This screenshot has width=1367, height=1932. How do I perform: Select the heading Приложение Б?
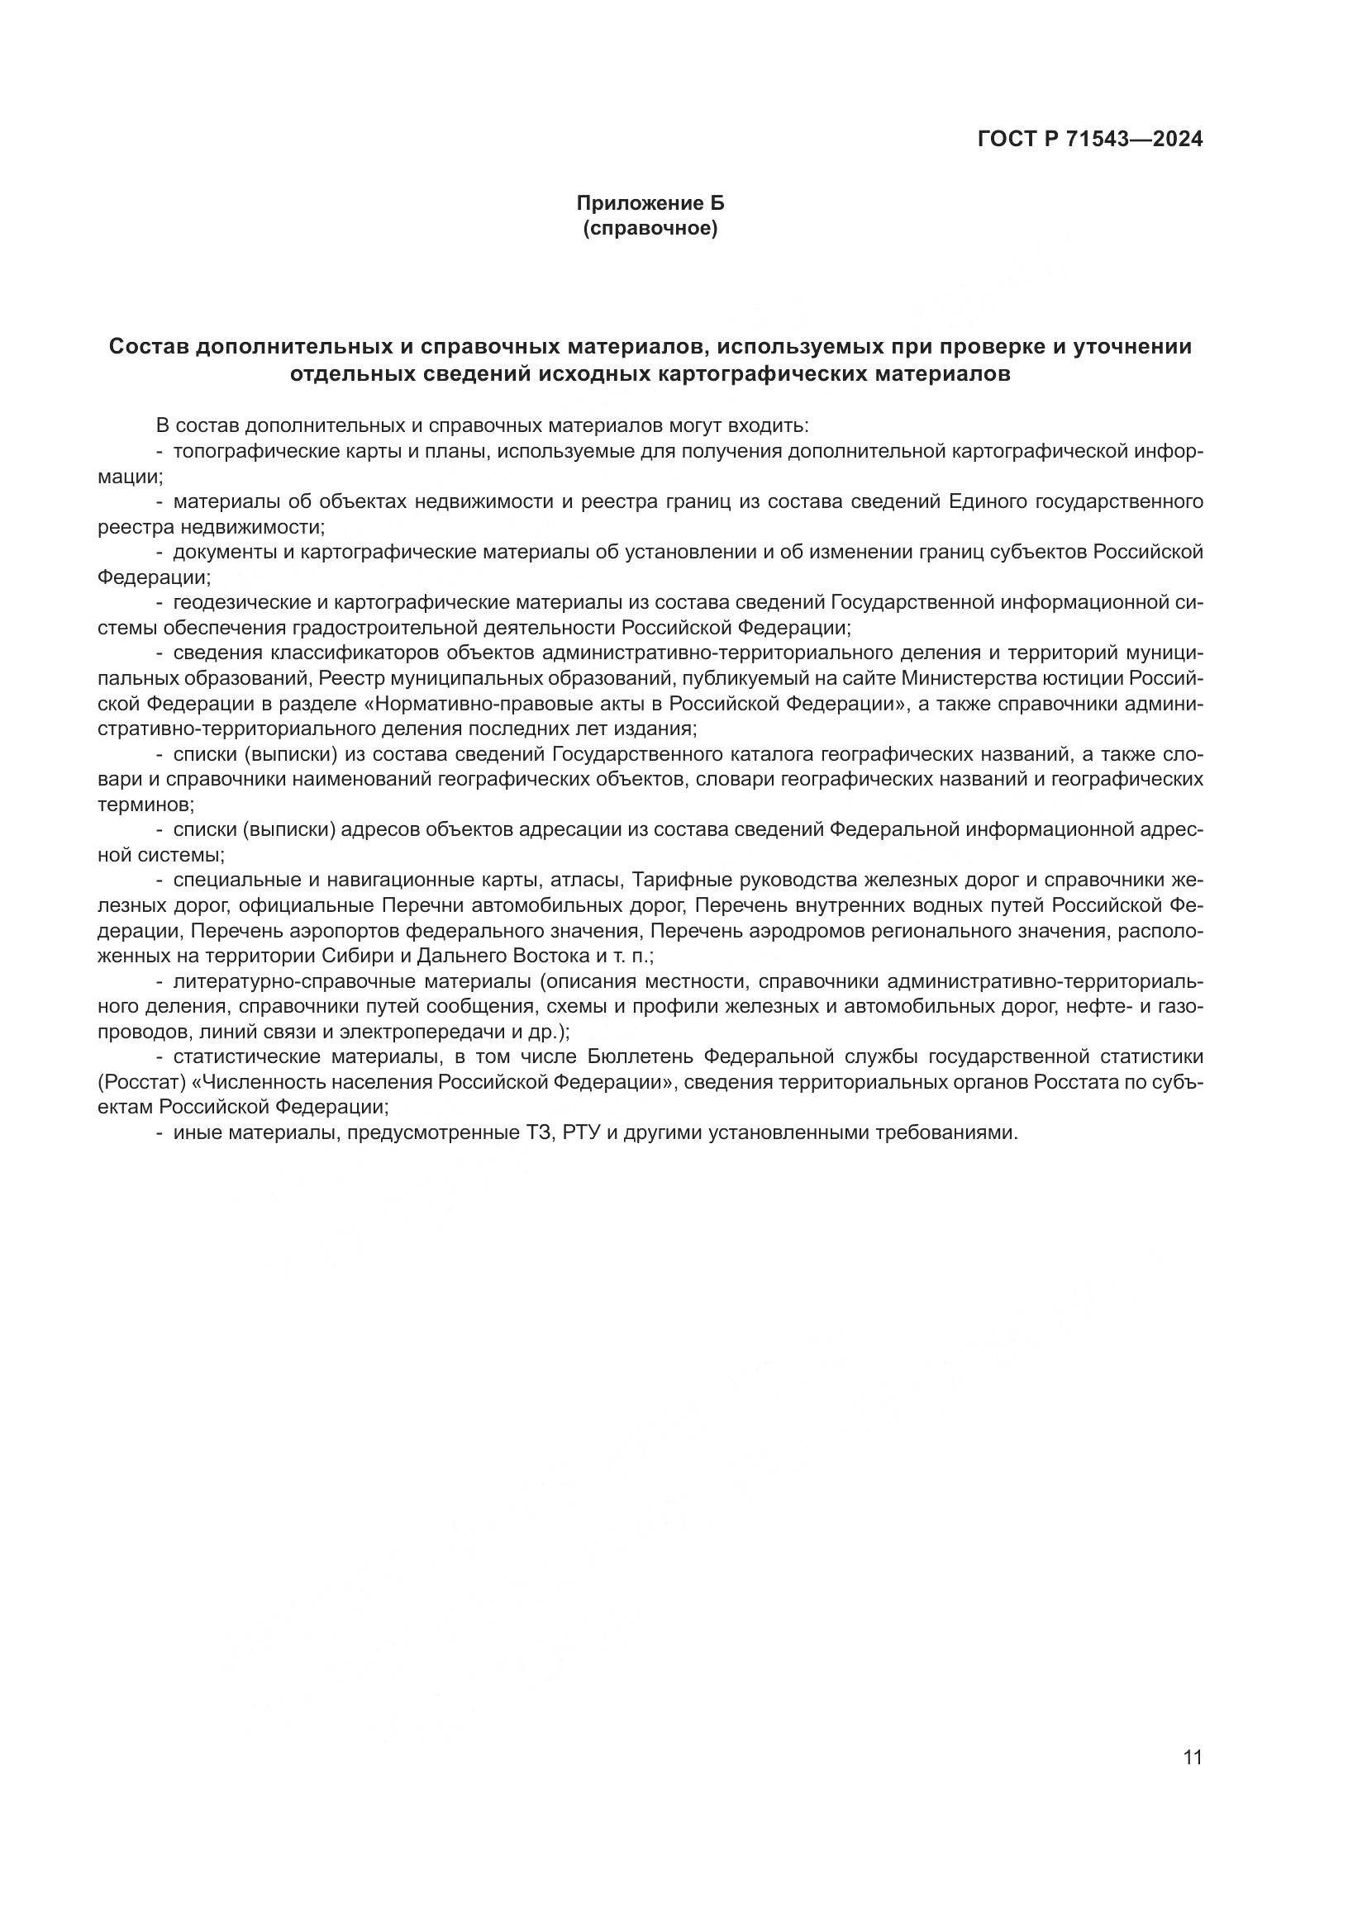tap(650, 204)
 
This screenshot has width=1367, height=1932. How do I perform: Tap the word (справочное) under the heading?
tap(650, 229)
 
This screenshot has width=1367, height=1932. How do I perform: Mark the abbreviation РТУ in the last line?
tap(579, 1132)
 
